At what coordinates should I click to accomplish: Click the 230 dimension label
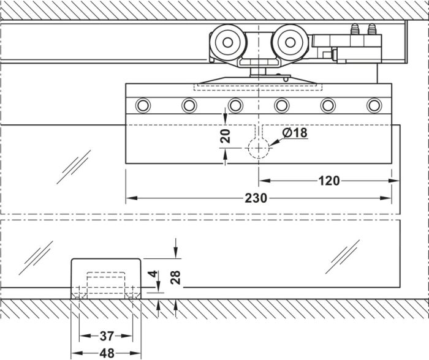pyautogui.click(x=256, y=198)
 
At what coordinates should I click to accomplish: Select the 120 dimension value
pyautogui.click(x=329, y=181)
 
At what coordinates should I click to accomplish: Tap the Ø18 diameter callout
pyautogui.click(x=295, y=133)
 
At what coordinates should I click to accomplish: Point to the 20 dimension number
pyautogui.click(x=226, y=136)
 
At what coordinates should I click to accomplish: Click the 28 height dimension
pyautogui.click(x=175, y=277)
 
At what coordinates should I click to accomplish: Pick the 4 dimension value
pyautogui.click(x=153, y=274)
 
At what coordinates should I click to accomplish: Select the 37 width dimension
pyautogui.click(x=107, y=336)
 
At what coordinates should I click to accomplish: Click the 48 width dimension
pyautogui.click(x=107, y=353)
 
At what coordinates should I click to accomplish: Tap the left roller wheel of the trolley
pyautogui.click(x=227, y=42)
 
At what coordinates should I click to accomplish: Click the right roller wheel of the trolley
pyautogui.click(x=290, y=42)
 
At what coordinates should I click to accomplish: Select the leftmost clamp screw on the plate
pyautogui.click(x=143, y=105)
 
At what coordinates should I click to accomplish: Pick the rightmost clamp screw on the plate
pyautogui.click(x=374, y=105)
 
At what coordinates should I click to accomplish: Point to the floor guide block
pyautogui.click(x=106, y=279)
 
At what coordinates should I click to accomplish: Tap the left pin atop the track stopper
pyautogui.click(x=355, y=29)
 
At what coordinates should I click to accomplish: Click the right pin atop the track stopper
pyautogui.click(x=371, y=29)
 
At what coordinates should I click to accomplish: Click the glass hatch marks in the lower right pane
pyautogui.click(x=343, y=257)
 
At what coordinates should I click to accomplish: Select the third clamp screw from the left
pyautogui.click(x=235, y=105)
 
